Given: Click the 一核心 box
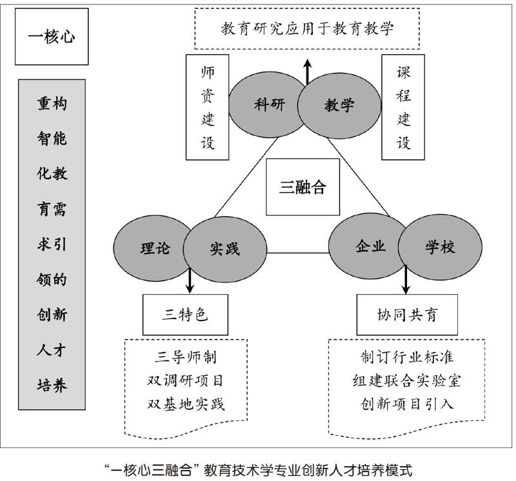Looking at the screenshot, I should click(x=52, y=36).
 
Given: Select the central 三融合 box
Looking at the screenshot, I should click(x=303, y=188).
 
